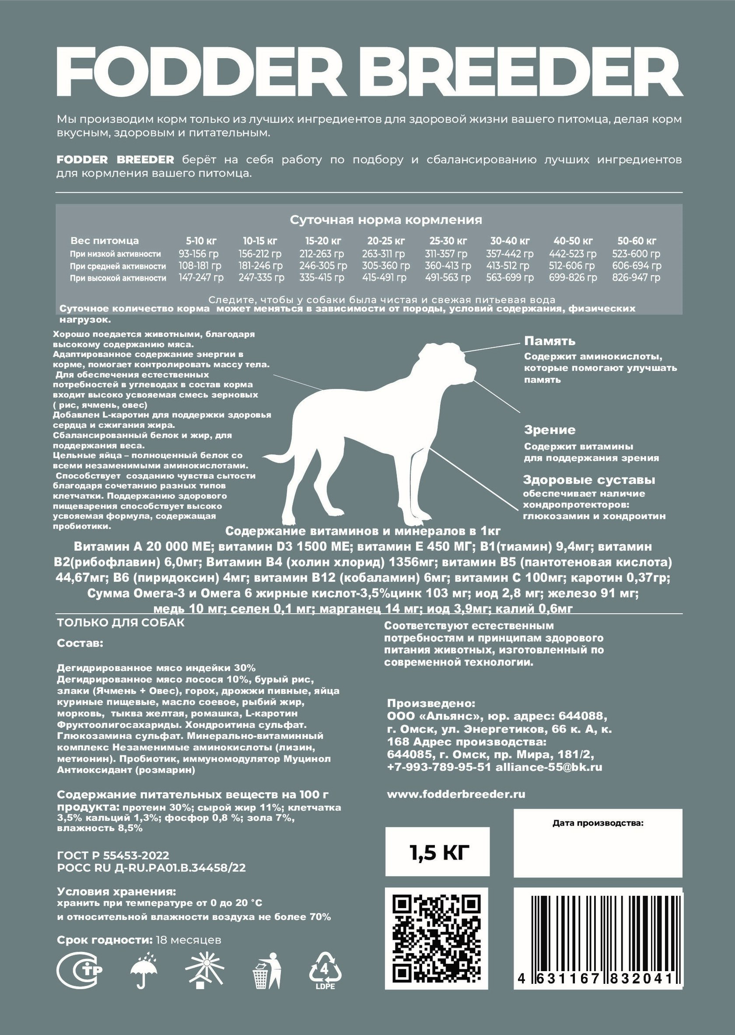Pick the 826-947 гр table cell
coord(636,277)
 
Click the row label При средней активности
coord(118,266)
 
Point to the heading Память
coord(549,341)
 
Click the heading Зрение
coord(549,430)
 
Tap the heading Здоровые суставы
coord(589,480)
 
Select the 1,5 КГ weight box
coord(437,852)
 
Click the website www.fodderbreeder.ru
coord(456,794)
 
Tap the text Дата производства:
coord(598,823)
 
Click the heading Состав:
coord(80,643)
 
